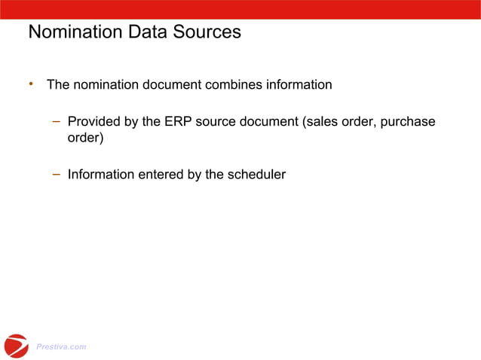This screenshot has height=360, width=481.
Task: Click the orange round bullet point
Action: (x=31, y=84)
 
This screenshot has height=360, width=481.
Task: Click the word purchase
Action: (x=407, y=121)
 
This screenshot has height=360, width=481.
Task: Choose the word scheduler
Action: (x=257, y=175)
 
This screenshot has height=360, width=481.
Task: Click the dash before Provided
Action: (x=57, y=121)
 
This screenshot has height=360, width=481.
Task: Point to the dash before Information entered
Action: (x=57, y=174)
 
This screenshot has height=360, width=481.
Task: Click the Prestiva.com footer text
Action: (x=61, y=346)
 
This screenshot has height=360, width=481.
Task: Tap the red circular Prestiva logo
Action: (x=16, y=346)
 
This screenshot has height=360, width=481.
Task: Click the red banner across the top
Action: (x=240, y=9)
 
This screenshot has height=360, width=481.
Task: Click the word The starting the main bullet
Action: (x=58, y=84)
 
